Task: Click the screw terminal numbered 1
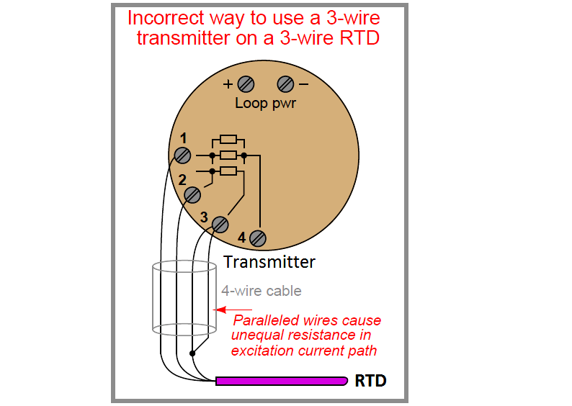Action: tap(183, 155)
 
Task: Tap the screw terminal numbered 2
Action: tap(192, 194)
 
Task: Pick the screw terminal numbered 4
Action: tap(257, 238)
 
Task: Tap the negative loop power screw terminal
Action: tap(285, 84)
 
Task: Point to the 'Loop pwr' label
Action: tap(265, 103)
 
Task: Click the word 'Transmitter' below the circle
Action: tap(269, 261)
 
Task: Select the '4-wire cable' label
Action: tap(261, 292)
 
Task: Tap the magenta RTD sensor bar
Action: tap(281, 380)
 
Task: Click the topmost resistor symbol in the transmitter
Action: tap(228, 139)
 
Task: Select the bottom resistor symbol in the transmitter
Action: tap(228, 171)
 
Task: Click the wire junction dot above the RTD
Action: tap(192, 353)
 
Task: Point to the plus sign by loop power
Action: tap(228, 84)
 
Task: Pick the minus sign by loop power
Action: tap(303, 84)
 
